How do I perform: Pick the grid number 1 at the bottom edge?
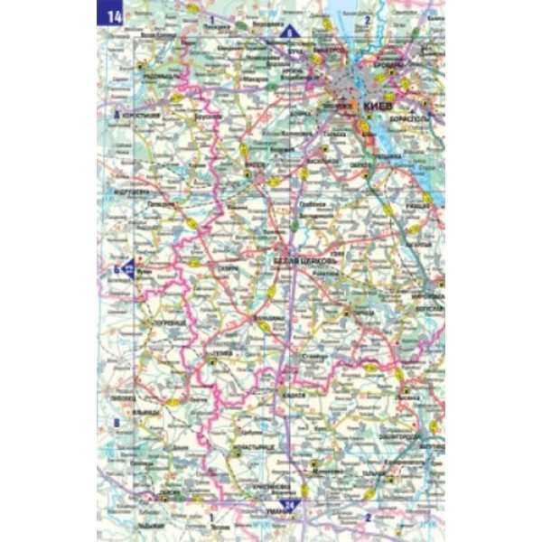(x=210, y=517)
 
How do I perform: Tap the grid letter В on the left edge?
(x=115, y=424)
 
